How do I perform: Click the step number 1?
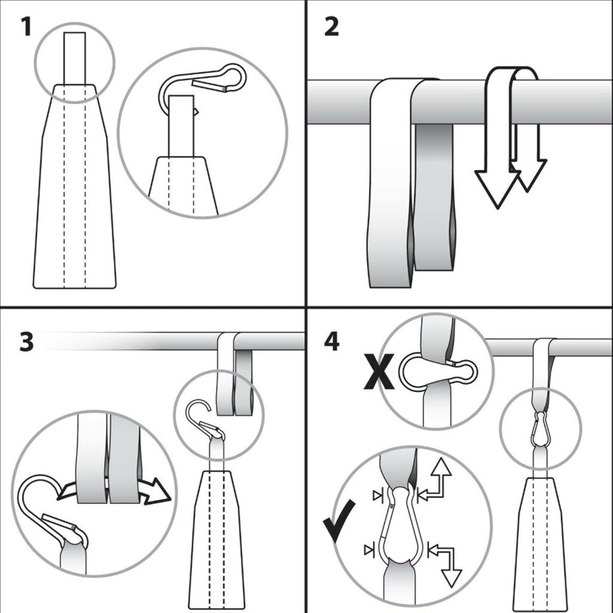point(25,27)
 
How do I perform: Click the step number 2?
point(332,27)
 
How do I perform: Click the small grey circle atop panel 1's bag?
point(74,63)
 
